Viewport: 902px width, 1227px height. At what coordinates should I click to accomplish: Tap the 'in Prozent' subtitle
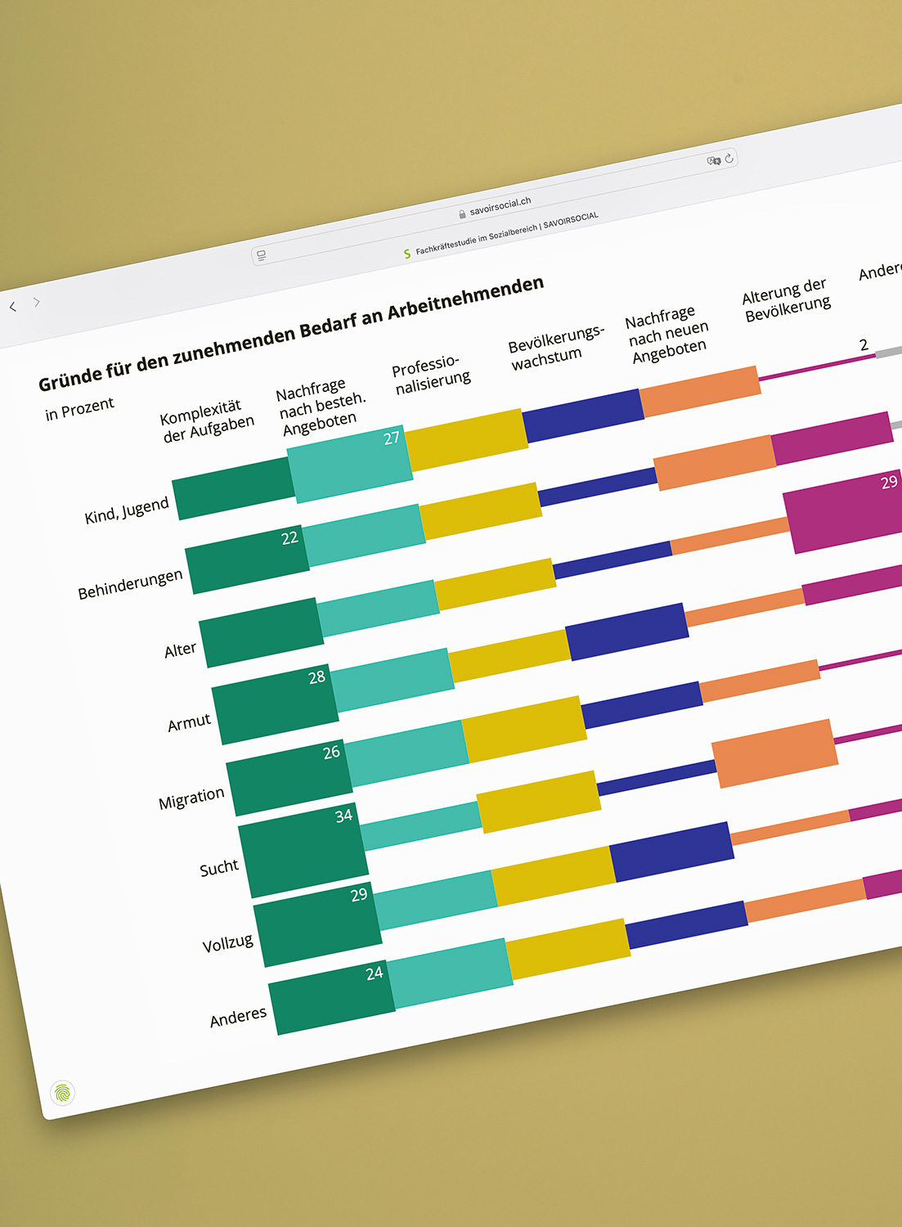click(79, 408)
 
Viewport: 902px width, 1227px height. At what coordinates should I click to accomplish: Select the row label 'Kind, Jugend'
click(127, 510)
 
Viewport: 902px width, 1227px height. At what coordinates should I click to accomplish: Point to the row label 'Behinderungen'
click(130, 584)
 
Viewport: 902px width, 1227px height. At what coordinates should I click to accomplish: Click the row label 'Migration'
click(191, 798)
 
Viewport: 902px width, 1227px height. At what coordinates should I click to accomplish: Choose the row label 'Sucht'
click(219, 867)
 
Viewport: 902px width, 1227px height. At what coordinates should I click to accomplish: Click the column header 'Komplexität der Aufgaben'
click(207, 420)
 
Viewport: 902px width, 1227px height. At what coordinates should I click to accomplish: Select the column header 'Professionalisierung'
click(430, 375)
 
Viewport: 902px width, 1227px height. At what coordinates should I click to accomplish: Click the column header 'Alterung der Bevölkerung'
click(786, 299)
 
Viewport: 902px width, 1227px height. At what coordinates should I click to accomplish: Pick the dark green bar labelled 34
click(303, 851)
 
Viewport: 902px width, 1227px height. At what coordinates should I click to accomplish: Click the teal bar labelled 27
click(349, 463)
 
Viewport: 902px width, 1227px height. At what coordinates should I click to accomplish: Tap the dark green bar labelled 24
click(331, 999)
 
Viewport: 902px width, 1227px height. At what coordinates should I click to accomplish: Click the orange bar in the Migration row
click(774, 753)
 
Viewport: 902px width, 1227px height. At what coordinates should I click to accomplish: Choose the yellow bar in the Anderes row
click(568, 949)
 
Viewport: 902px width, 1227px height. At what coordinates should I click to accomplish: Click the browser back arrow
click(12, 307)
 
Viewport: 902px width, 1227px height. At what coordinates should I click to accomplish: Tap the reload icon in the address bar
click(729, 158)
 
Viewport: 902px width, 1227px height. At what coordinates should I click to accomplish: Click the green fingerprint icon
click(63, 1093)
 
